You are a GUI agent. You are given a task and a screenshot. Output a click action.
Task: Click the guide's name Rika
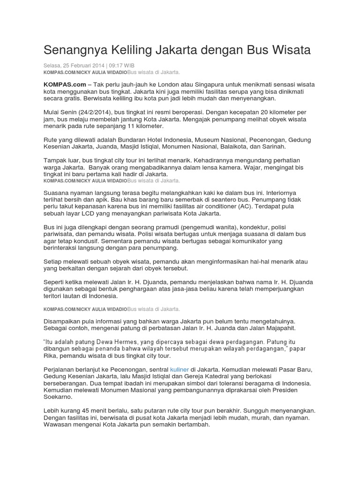(x=51, y=357)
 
